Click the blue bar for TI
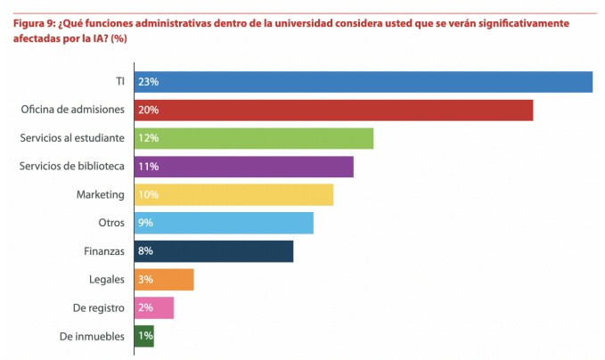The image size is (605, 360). pyautogui.click(x=364, y=81)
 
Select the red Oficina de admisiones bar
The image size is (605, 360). pyautogui.click(x=333, y=110)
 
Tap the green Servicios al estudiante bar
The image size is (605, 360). pyautogui.click(x=254, y=138)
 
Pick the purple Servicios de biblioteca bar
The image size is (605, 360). pyautogui.click(x=244, y=167)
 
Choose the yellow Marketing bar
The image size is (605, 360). pyautogui.click(x=233, y=194)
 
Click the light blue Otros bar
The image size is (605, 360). pyautogui.click(x=224, y=223)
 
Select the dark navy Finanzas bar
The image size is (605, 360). pyautogui.click(x=214, y=251)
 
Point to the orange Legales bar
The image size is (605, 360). pyautogui.click(x=164, y=280)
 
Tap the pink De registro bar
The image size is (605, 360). pyautogui.click(x=154, y=308)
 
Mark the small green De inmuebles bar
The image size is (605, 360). pyautogui.click(x=144, y=336)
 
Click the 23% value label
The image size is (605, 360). pyautogui.click(x=148, y=82)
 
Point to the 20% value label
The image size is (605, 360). pyautogui.click(x=148, y=110)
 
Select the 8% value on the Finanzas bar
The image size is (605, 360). pyautogui.click(x=145, y=252)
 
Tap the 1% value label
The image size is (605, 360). pyautogui.click(x=144, y=337)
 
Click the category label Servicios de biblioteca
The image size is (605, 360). pyautogui.click(x=71, y=167)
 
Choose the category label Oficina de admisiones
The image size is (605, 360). pyautogui.click(x=72, y=110)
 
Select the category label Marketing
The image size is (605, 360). pyautogui.click(x=100, y=194)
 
